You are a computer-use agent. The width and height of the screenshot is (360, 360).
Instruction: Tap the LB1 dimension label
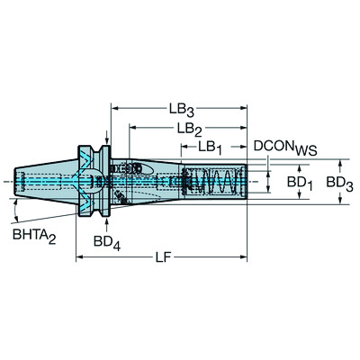212,147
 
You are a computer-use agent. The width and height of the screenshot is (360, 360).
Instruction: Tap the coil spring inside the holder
216,184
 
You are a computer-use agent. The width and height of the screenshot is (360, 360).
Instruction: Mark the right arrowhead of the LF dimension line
245,259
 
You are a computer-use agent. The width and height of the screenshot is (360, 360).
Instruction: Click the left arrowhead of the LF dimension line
80,259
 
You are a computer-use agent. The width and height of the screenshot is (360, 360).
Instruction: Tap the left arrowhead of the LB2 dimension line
131,130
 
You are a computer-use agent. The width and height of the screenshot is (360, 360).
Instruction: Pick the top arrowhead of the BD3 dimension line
339,164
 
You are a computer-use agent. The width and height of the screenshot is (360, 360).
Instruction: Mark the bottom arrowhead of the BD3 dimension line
339,205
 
